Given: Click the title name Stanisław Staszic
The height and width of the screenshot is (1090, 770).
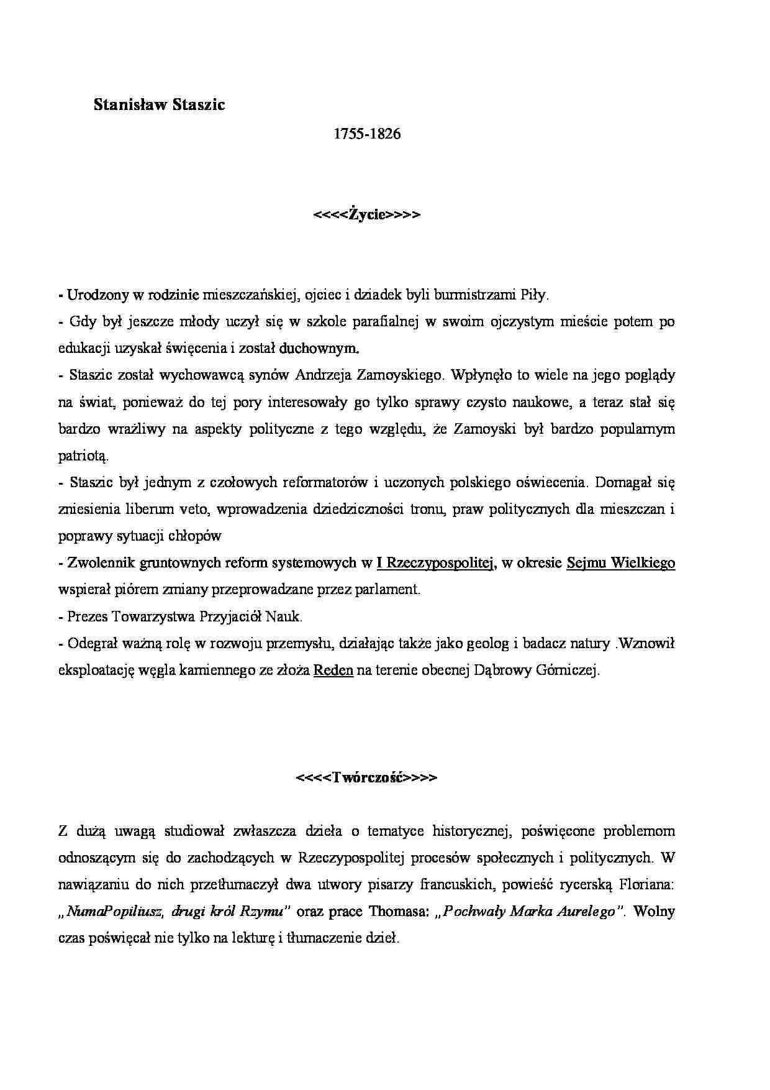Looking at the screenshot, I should (x=159, y=105).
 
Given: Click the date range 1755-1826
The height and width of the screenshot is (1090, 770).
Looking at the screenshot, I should (x=367, y=134).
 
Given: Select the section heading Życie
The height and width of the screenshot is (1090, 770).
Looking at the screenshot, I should (x=367, y=214).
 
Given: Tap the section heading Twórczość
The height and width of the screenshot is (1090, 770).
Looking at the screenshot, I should (x=367, y=777).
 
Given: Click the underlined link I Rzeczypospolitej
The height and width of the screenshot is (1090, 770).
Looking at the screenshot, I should (x=435, y=563).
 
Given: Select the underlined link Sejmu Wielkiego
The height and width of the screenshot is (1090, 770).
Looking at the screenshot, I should (x=620, y=563).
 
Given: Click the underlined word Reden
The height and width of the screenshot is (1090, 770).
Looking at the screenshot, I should (x=333, y=671).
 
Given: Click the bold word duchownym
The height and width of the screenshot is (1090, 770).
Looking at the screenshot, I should (x=319, y=349).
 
